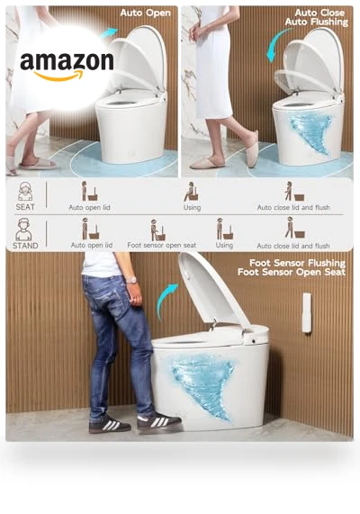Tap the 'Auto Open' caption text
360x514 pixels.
[145, 14]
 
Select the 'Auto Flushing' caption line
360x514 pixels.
[317, 22]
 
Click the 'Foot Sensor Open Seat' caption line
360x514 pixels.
[292, 272]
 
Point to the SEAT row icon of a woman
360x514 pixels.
[25, 191]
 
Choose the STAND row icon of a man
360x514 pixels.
[24, 230]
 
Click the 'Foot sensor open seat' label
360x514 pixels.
[162, 245]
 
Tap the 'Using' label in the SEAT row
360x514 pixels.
[192, 208]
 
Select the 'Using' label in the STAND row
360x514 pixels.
[224, 245]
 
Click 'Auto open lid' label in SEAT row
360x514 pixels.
[89, 208]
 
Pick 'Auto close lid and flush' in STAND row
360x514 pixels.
[293, 246]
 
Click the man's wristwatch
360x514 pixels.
[131, 280]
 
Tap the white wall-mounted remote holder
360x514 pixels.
[307, 313]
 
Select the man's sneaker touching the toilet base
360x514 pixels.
[158, 422]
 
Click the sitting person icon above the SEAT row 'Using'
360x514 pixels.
[192, 192]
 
